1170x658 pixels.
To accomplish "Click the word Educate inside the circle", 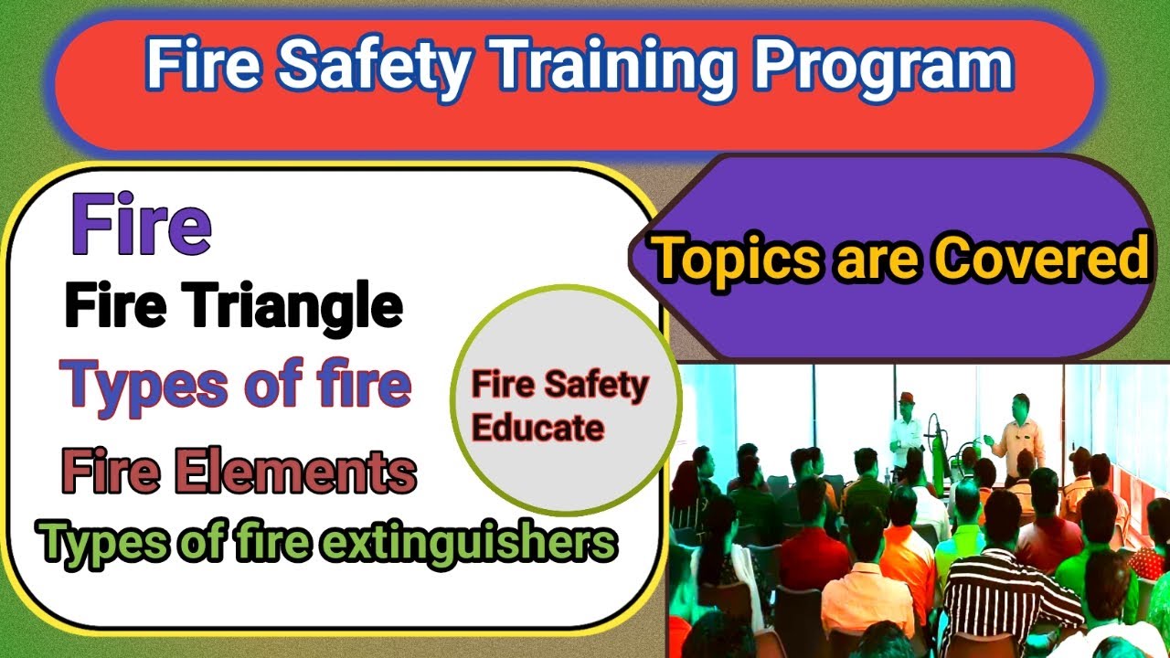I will (537, 428).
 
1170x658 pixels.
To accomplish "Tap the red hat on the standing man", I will (906, 399).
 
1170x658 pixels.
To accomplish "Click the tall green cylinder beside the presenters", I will (935, 448).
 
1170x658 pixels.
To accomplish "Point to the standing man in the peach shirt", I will (1018, 439).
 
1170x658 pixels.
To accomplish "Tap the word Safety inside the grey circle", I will (598, 386).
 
